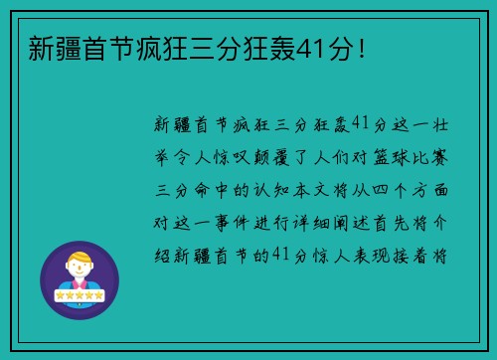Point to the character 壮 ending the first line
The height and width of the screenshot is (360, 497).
pyautogui.click(x=444, y=122)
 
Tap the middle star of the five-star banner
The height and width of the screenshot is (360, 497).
pyautogui.click(x=80, y=295)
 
